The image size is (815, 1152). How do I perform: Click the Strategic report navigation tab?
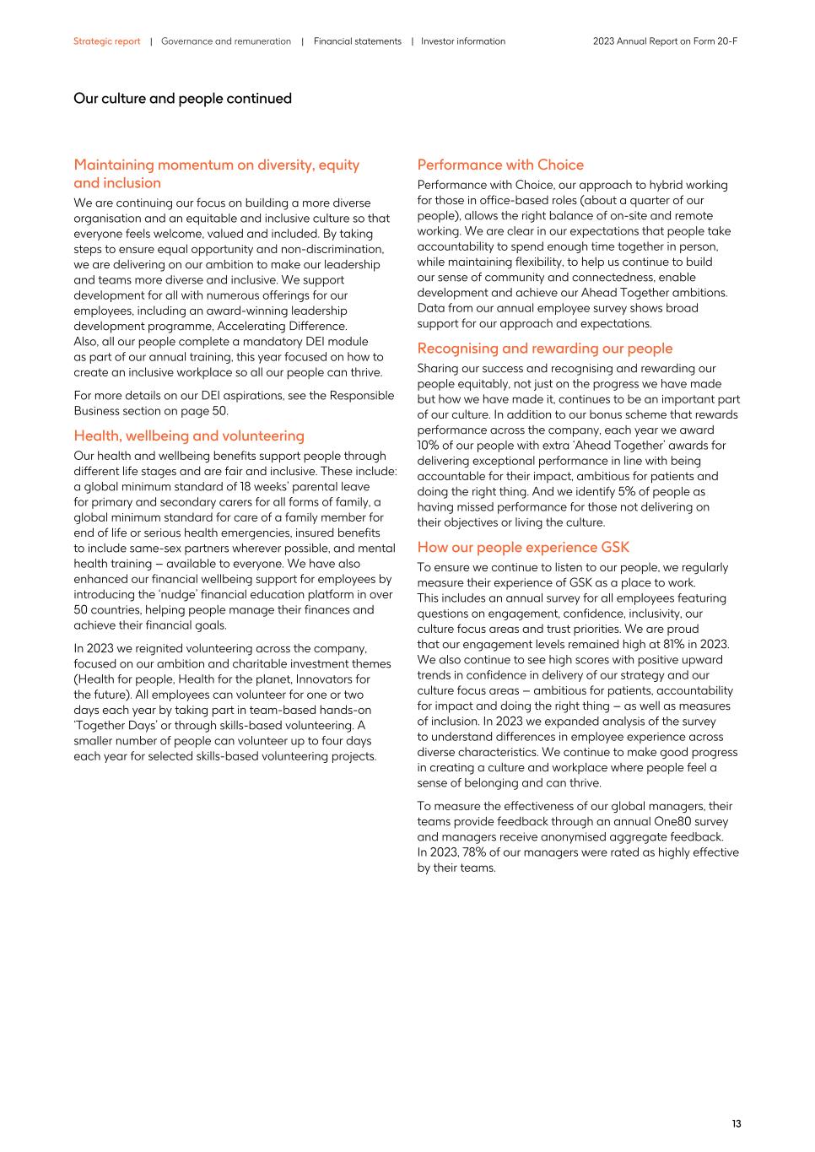106,41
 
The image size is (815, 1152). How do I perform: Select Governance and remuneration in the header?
226,41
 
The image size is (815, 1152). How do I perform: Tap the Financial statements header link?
357,41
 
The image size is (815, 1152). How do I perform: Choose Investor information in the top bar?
463,41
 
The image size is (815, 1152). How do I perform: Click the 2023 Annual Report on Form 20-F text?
665,41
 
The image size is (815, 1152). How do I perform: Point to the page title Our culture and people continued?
182,99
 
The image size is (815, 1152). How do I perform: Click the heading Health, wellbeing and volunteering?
189,435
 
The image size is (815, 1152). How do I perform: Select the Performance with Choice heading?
500,165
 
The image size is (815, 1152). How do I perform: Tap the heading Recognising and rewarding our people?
545,349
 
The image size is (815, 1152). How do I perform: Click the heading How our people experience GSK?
523,547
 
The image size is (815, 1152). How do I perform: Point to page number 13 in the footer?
737,1123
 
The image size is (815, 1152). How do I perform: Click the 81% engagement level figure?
674,644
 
